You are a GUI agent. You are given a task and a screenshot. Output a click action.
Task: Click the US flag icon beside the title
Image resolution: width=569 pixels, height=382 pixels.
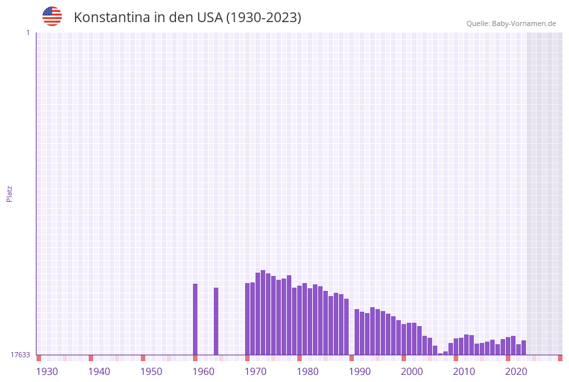[52, 16]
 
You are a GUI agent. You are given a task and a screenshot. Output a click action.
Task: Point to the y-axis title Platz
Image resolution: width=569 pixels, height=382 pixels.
[10, 193]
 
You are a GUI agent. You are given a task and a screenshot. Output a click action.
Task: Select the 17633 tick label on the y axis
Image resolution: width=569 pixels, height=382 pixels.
[20, 355]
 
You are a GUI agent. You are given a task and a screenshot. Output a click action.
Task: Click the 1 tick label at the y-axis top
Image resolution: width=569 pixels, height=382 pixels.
[27, 33]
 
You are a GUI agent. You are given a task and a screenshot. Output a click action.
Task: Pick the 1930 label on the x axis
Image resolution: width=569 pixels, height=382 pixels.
[47, 372]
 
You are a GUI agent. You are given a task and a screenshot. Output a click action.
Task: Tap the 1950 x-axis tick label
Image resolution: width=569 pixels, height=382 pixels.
[151, 372]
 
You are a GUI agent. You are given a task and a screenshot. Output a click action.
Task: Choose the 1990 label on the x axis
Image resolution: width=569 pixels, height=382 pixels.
[360, 372]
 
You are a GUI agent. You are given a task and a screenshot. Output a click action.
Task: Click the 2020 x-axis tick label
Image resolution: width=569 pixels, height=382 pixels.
[516, 372]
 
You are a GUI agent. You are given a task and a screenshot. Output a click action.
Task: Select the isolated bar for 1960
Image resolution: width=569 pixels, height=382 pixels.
[195, 319]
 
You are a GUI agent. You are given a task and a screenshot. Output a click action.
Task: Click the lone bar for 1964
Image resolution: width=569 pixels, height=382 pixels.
[216, 321]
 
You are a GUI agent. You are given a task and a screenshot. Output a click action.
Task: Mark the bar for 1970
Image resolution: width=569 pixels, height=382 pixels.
[247, 318]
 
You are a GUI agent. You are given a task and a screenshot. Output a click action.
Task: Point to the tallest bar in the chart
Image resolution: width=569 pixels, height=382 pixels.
[263, 312]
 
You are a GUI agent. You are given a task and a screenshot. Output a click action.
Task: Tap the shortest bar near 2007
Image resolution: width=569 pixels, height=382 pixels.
[440, 354]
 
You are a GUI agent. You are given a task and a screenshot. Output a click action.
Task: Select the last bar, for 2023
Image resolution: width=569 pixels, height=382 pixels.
[523, 348]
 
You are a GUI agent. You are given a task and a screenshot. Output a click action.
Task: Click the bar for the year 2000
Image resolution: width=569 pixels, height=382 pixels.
[403, 339]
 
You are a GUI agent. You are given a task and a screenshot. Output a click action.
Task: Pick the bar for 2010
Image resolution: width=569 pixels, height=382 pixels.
[456, 346]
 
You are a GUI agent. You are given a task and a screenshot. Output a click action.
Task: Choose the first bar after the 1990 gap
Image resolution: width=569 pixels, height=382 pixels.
[357, 332]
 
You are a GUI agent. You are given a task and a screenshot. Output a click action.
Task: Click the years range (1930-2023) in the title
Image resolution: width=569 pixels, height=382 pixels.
[263, 18]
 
